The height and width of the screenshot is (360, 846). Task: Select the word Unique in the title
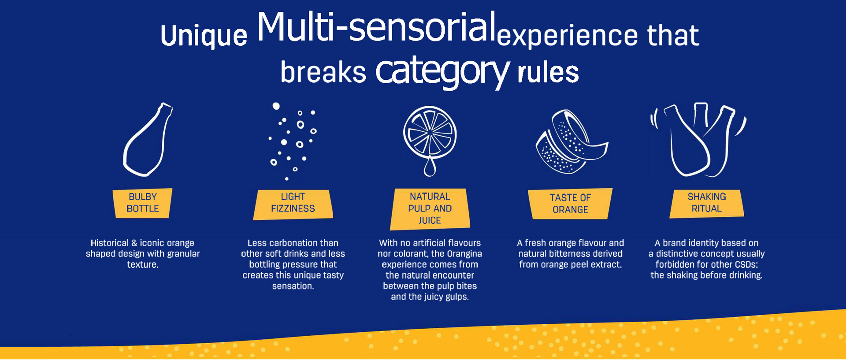point(204,36)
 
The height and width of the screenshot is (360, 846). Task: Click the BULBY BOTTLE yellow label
point(142,203)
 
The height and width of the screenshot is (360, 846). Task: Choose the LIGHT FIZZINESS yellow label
point(293,204)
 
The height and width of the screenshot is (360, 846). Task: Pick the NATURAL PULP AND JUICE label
point(430,209)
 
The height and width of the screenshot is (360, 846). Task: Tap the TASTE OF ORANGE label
point(570,204)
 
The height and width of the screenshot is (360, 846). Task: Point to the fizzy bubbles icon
point(293,141)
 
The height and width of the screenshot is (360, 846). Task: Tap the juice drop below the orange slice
point(430,167)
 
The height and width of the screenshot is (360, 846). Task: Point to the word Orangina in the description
point(464,254)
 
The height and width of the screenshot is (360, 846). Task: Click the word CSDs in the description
point(744,264)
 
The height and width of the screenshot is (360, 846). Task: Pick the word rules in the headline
point(548,73)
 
